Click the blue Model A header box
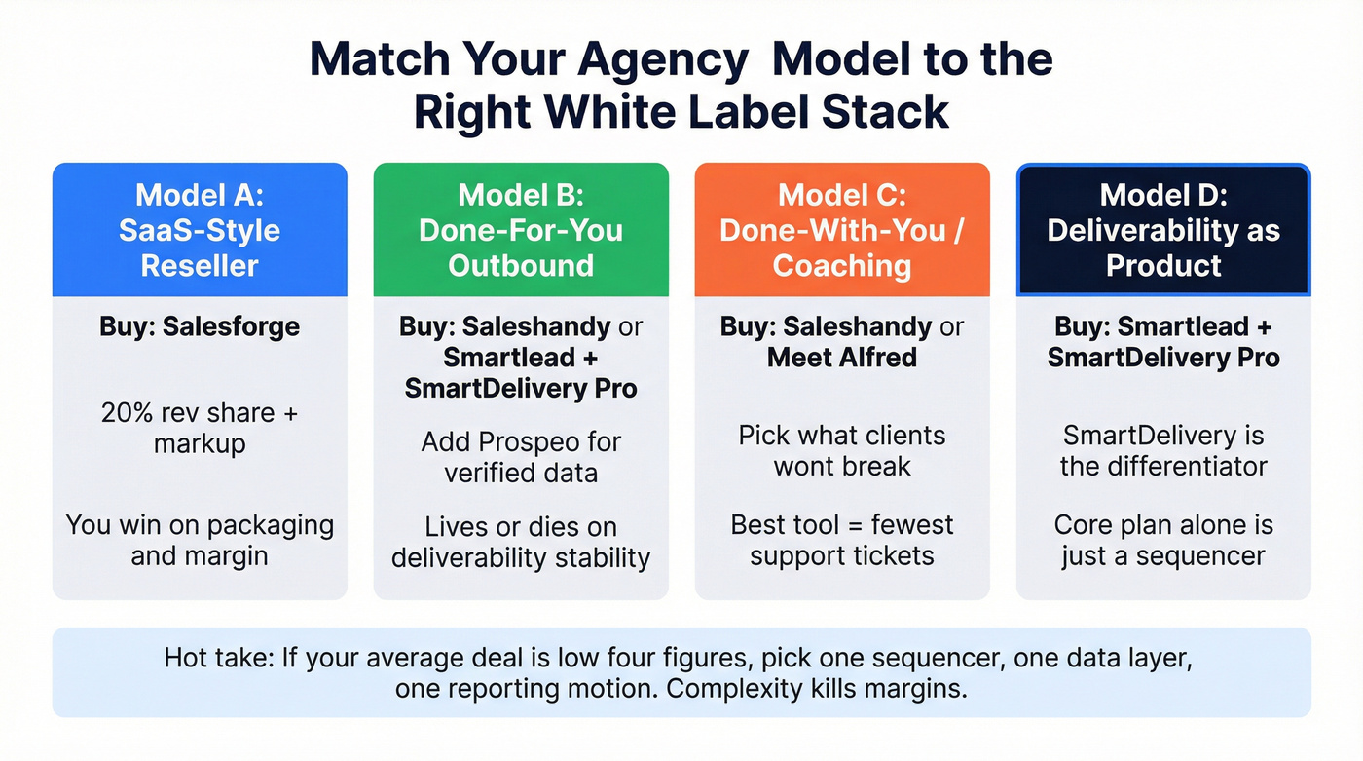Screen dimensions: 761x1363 coord(200,230)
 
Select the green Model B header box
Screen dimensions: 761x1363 coord(521,230)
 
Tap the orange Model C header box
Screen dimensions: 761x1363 coord(842,230)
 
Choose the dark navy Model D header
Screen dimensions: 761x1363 coord(1163,230)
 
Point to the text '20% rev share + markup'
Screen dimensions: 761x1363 coord(200,428)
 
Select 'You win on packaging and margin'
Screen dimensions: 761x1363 coord(200,540)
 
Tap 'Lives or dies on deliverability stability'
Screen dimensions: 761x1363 coord(521,542)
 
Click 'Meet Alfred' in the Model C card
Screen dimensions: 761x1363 coord(842,357)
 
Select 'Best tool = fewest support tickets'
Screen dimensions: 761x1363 coord(842,540)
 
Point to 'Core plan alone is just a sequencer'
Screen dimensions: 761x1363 coord(1163,540)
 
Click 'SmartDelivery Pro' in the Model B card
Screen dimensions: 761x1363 coord(521,388)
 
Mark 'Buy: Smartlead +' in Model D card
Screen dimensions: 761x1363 coord(1163,326)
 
